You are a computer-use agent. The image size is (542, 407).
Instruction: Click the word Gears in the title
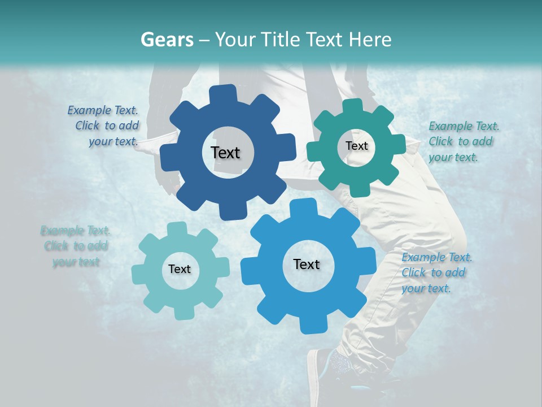click(167, 40)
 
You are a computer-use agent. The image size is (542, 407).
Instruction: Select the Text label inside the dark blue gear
click(225, 153)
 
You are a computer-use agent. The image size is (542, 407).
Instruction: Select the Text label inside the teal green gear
click(356, 146)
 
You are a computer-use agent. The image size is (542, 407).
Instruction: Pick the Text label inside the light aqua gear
click(180, 269)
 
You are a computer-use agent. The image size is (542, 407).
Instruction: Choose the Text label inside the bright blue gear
click(307, 264)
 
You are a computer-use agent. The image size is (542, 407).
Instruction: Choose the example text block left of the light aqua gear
click(76, 246)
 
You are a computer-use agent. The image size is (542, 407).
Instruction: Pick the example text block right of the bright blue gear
click(436, 272)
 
